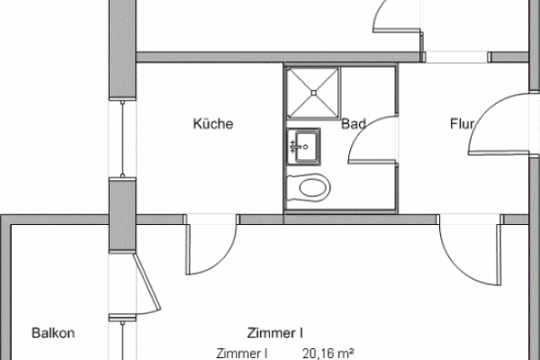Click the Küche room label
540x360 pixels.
[x=213, y=123]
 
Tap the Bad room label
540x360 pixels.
[x=354, y=123]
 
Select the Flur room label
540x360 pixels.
[x=463, y=123]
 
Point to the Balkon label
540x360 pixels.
[x=53, y=333]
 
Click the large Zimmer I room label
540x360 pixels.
[x=274, y=333]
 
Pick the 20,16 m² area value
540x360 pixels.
[x=328, y=354]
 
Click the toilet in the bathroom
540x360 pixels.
[x=308, y=187]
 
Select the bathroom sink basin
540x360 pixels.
[x=304, y=147]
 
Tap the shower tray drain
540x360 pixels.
[x=314, y=93]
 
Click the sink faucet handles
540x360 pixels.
[x=293, y=147]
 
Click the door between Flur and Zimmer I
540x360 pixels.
[x=470, y=250]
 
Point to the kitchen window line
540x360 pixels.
[x=122, y=139]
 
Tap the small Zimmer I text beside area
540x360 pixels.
[x=242, y=354]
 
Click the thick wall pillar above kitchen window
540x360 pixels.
[x=122, y=49]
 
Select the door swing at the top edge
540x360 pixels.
[x=397, y=16]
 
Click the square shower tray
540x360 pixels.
[x=312, y=93]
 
